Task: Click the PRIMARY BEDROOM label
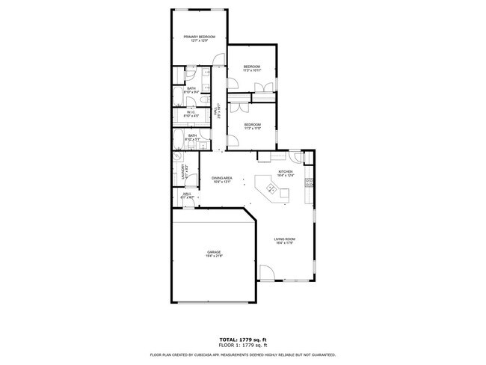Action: point(200,37)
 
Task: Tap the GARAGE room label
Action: point(215,252)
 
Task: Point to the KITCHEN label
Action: point(285,171)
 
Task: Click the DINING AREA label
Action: point(222,177)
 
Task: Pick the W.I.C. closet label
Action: point(191,112)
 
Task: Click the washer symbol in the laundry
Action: point(178,158)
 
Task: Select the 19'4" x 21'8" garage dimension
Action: point(215,257)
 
